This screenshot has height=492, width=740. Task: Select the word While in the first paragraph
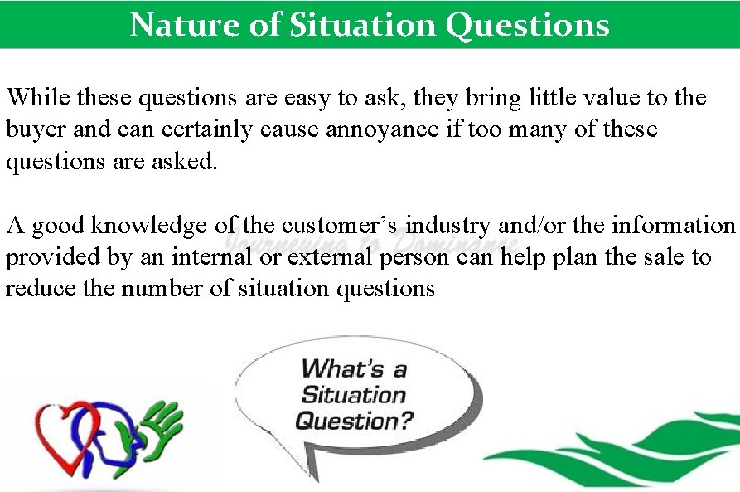[38, 98]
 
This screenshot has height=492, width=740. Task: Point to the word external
[330, 256]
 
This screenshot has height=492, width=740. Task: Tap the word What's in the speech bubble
[354, 368]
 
